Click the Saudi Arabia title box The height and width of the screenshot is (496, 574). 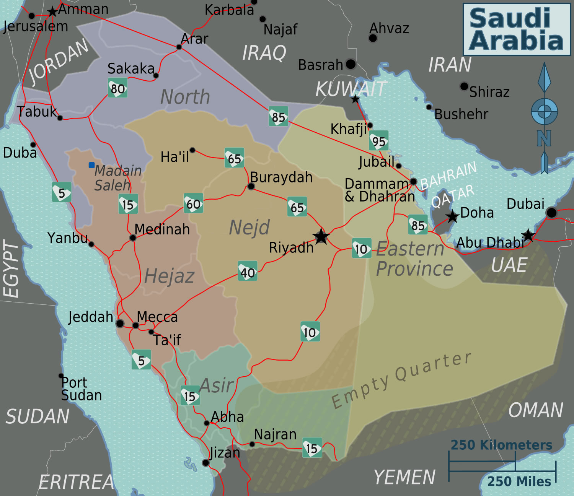point(517,29)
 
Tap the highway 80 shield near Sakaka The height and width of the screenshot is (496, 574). point(117,88)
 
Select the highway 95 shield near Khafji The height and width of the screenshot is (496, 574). point(379,141)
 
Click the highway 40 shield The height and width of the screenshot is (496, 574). point(248,272)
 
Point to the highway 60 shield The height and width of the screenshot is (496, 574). point(193,203)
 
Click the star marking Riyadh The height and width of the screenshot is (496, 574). point(321,237)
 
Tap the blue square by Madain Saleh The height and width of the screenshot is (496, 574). point(91,165)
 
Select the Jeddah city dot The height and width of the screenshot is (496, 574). point(120,324)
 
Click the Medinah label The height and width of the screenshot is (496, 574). point(162,229)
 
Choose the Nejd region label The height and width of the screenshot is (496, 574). point(249,228)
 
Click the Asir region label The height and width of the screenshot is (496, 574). point(217,385)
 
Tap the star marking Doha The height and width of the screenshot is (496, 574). point(453,216)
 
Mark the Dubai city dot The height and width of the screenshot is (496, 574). point(551,212)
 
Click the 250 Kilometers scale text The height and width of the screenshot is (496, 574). point(501,445)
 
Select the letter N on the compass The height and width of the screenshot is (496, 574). point(544,138)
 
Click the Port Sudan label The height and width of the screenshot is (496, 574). point(82,389)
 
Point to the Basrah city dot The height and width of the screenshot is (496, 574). point(351,64)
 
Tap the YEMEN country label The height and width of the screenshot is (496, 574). point(404,477)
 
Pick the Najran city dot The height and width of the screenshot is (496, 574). point(252,444)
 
